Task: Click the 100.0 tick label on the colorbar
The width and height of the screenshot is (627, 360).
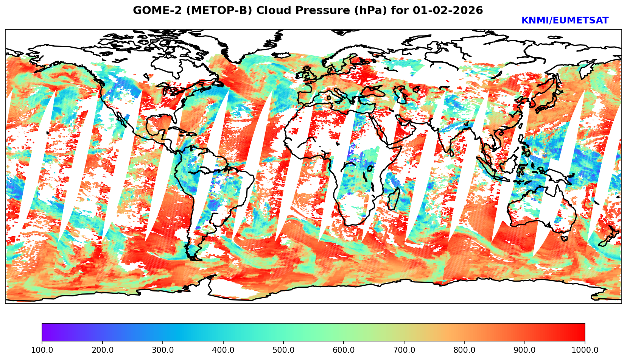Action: pyautogui.click(x=42, y=350)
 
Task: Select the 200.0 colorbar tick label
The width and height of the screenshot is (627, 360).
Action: pyautogui.click(x=102, y=350)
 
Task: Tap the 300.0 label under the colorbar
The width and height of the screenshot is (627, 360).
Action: pyautogui.click(x=162, y=350)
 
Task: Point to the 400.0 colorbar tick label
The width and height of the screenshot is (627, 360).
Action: pyautogui.click(x=223, y=350)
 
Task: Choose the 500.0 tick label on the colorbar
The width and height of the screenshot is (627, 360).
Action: pyautogui.click(x=283, y=350)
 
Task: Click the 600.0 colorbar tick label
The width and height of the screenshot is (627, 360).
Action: pyautogui.click(x=344, y=350)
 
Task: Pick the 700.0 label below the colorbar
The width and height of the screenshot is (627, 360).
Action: pyautogui.click(x=404, y=350)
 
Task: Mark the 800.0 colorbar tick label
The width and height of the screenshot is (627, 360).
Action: pyautogui.click(x=464, y=350)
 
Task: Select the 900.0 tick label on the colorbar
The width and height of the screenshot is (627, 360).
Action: pyautogui.click(x=524, y=350)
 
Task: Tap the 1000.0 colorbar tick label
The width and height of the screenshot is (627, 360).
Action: pyautogui.click(x=585, y=350)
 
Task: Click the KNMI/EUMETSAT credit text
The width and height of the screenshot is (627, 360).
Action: pyautogui.click(x=565, y=21)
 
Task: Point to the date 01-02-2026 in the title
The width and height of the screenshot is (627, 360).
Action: pyautogui.click(x=448, y=11)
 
